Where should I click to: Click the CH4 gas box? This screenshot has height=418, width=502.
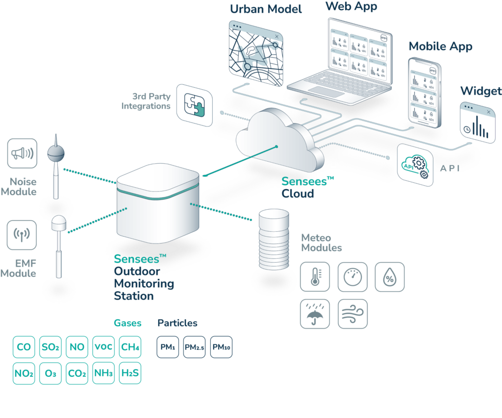point(130,347)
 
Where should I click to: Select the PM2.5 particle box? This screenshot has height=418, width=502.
point(194,347)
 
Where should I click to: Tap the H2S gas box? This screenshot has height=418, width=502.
point(130,373)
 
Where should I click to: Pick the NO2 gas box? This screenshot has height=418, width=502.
point(24,373)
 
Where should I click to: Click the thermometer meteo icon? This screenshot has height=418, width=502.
point(315,277)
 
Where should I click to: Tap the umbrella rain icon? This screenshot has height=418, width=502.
point(315,314)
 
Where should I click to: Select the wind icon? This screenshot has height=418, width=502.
point(352,314)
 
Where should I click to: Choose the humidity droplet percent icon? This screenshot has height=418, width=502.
point(390,277)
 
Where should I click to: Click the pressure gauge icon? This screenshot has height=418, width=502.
point(352,277)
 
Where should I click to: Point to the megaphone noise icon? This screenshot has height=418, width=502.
point(23,153)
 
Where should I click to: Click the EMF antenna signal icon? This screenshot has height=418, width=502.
point(22,235)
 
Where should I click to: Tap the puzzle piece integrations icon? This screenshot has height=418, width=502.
point(195,105)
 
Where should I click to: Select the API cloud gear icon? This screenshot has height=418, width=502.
point(415,165)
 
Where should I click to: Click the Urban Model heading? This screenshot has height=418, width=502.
point(266,9)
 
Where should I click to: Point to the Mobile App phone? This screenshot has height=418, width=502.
point(425,93)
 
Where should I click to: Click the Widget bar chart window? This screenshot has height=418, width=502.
point(477,123)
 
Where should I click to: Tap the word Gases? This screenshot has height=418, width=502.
point(127,323)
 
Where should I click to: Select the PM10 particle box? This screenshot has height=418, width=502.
point(221,347)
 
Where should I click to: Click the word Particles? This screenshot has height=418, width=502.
point(177,323)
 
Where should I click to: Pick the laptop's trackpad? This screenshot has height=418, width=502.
point(326,92)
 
